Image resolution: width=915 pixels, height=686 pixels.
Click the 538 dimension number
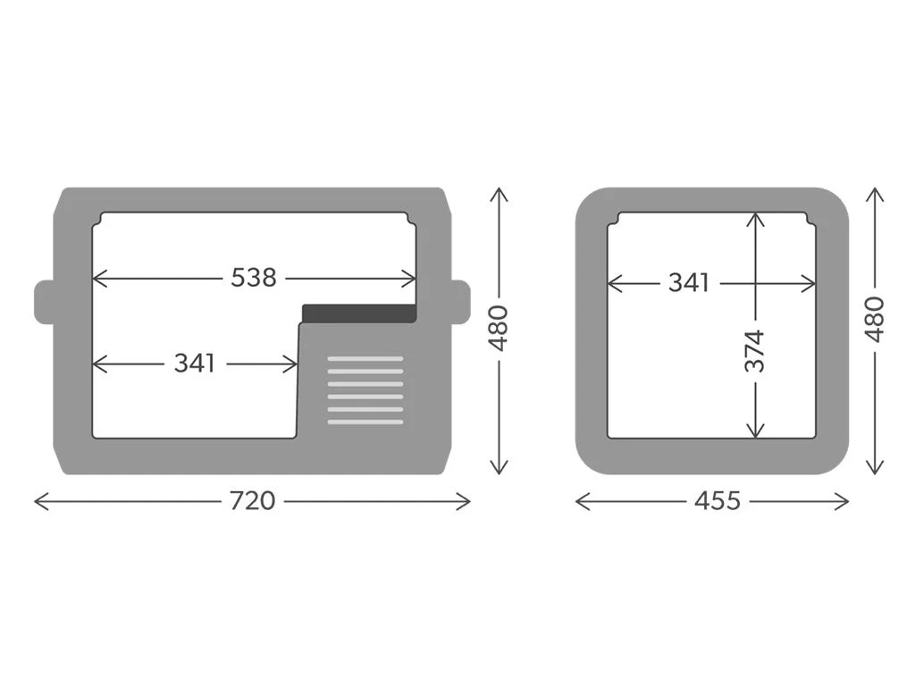(253, 278)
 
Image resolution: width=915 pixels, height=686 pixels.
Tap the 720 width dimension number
(252, 500)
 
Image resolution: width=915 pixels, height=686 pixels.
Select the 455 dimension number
(718, 500)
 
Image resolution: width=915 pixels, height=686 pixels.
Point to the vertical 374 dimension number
(754, 350)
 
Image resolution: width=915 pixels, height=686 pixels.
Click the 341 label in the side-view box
(689, 283)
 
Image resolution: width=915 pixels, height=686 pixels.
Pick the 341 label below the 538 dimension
(194, 364)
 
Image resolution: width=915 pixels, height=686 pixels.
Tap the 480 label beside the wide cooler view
(499, 328)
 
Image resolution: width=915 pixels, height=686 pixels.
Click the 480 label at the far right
(875, 319)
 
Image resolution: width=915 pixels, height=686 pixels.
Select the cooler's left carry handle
(45, 302)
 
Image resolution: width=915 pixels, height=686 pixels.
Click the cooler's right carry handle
(460, 302)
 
